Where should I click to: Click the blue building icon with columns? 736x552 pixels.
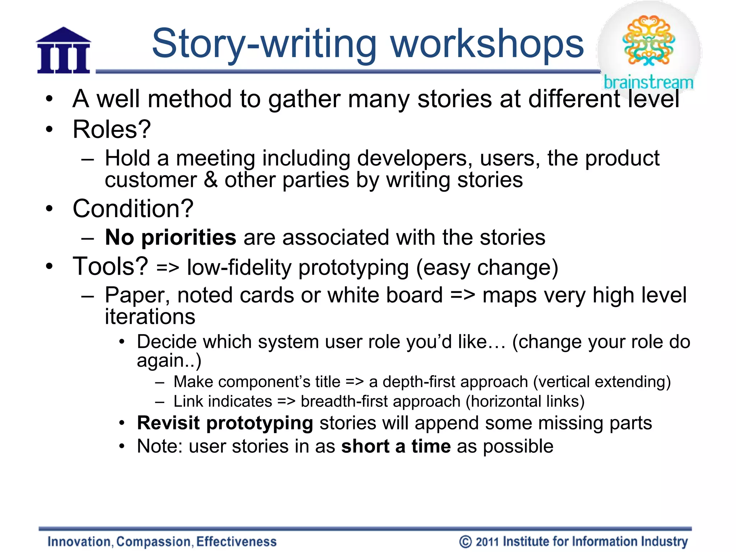63,51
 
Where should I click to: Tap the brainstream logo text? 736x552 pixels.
648,82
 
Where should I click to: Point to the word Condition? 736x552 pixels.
133,209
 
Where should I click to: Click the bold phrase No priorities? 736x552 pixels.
170,238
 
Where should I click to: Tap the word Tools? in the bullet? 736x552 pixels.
110,266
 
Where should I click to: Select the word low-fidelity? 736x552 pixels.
239,268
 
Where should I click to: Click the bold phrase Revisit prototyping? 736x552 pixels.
225,423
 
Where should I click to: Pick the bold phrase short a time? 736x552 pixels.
396,446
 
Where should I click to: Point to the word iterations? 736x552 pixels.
150,317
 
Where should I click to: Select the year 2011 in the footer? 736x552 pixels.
487,542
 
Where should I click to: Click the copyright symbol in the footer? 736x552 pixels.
465,542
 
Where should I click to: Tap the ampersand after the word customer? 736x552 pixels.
211,180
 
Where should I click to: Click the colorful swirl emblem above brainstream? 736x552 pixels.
649,40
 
